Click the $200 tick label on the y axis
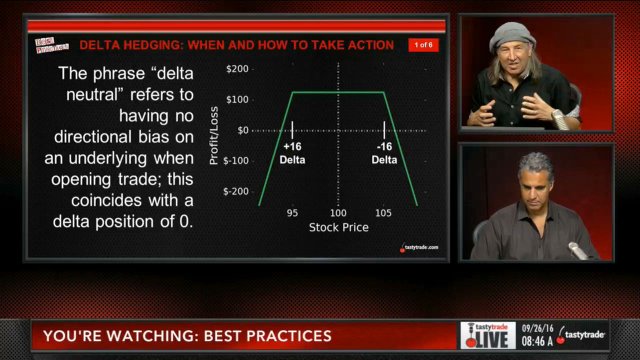click(x=237, y=69)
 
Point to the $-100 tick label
click(x=235, y=160)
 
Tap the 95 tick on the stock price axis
click(x=292, y=213)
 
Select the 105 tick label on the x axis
click(x=383, y=213)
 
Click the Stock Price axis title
click(x=338, y=227)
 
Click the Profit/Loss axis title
click(x=213, y=135)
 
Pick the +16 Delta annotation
click(x=292, y=153)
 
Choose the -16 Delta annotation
click(x=384, y=153)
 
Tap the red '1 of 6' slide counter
click(x=423, y=45)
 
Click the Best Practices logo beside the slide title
click(x=51, y=45)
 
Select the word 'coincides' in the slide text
click(x=106, y=200)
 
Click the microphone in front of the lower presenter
click(x=577, y=250)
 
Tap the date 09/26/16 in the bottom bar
click(x=537, y=328)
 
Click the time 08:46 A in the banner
click(x=537, y=341)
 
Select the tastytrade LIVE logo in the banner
click(x=488, y=335)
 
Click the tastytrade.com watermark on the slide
click(x=419, y=247)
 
